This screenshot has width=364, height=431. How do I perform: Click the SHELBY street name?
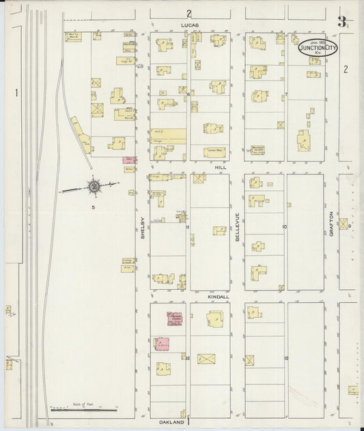point(143,228)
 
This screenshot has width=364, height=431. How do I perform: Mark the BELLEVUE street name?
point(238,225)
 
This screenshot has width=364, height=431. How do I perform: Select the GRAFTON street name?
point(331,225)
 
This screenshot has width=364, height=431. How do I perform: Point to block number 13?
point(286,358)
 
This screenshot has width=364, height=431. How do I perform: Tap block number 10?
point(283,226)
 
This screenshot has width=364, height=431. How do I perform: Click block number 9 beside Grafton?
point(348,226)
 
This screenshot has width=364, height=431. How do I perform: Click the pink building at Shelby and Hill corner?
point(128,160)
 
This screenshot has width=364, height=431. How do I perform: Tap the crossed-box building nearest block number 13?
point(251,359)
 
